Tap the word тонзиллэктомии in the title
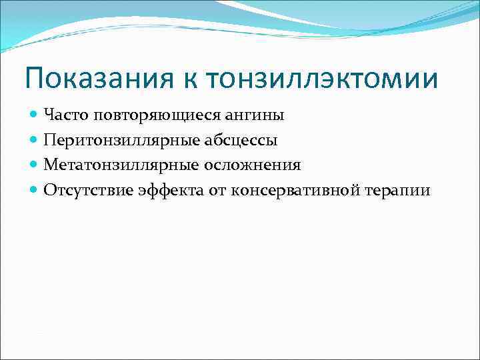(x=323, y=79)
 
